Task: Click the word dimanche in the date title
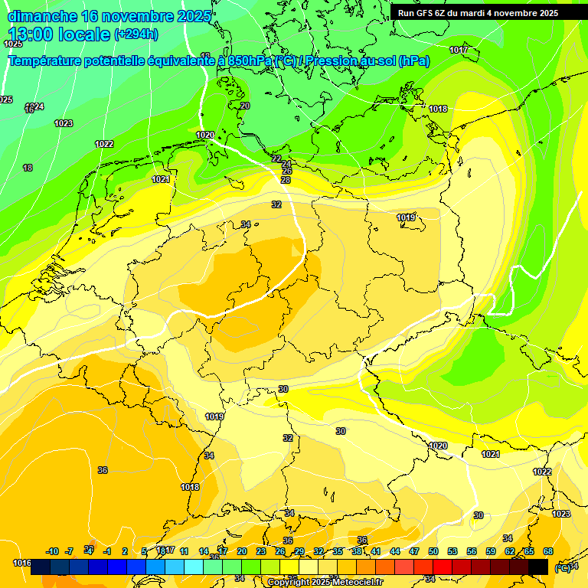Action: tap(41, 16)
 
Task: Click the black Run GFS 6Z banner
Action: tap(478, 13)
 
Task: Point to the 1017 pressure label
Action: tap(459, 50)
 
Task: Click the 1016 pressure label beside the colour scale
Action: tap(22, 563)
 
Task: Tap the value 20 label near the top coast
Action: tap(245, 106)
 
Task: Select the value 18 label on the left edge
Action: tap(28, 168)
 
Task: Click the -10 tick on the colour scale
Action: tap(52, 552)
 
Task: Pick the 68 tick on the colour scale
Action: tap(548, 552)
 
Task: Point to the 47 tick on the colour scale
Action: tap(414, 552)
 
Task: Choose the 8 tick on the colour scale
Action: tap(162, 552)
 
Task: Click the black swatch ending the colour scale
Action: tap(538, 567)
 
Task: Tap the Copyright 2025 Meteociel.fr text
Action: tap(326, 583)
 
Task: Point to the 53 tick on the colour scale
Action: tap(452, 552)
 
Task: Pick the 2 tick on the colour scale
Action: tap(125, 552)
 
